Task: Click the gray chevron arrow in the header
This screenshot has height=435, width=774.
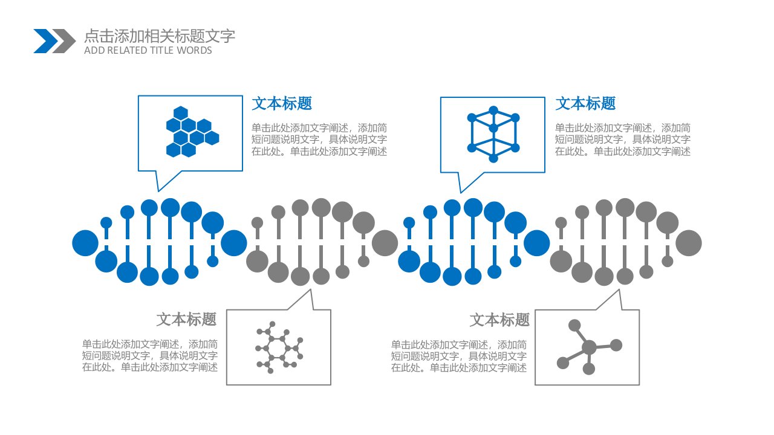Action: (x=65, y=41)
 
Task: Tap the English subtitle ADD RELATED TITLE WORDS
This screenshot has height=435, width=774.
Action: (x=148, y=50)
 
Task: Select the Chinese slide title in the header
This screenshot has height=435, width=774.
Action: (x=160, y=36)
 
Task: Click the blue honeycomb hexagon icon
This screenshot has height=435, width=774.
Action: (x=192, y=132)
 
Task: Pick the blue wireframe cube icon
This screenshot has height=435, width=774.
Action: (x=493, y=134)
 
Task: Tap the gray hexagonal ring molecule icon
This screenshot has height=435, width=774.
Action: (x=279, y=347)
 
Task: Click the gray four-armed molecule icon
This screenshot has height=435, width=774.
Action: (x=589, y=347)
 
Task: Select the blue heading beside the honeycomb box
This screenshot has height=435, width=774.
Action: (x=282, y=103)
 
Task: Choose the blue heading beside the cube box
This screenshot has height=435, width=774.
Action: (x=585, y=103)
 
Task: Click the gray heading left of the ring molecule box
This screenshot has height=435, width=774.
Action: (x=186, y=320)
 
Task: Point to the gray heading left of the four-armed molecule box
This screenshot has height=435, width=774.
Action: (x=499, y=320)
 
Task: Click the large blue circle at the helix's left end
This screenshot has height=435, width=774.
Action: (x=85, y=243)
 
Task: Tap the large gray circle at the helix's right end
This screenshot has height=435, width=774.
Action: (x=689, y=243)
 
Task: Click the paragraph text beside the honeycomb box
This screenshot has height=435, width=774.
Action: (x=319, y=140)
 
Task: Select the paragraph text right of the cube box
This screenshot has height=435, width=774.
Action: (x=623, y=140)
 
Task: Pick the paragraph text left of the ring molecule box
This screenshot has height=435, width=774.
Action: (x=150, y=356)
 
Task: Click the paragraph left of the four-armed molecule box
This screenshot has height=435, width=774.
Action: (x=459, y=356)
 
